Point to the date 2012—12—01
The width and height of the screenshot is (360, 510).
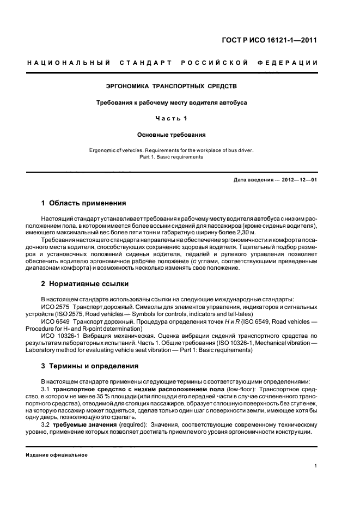tap(297, 180)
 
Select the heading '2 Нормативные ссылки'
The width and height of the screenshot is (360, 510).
tap(83, 284)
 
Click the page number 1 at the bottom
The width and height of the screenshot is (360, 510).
tap(316, 466)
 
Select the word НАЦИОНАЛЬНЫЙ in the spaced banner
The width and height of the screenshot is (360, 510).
tap(69, 63)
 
